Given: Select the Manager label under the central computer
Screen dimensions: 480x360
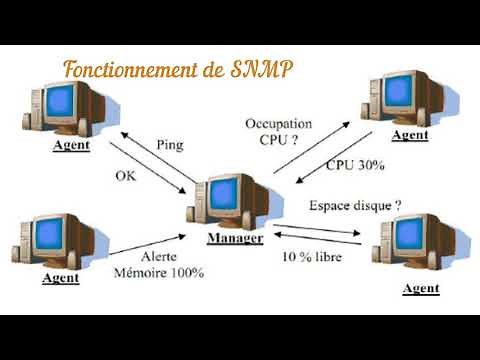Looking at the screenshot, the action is point(235,239).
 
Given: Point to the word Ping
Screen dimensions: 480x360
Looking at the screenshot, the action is point(171,145).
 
